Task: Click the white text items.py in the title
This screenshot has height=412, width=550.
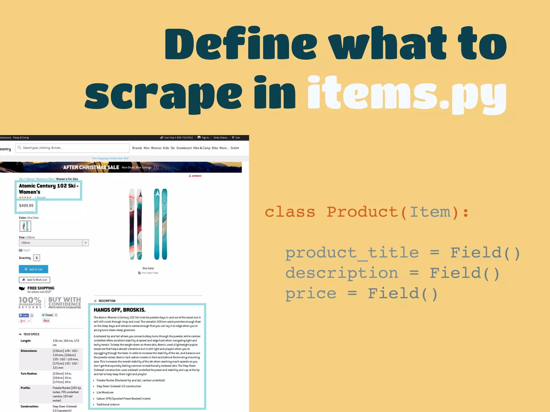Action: (x=407, y=93)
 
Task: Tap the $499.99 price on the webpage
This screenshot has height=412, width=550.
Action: (x=26, y=206)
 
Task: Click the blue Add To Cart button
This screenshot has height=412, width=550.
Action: (x=34, y=269)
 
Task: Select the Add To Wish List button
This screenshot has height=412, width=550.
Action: (x=35, y=280)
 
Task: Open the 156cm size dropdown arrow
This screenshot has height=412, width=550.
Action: (x=86, y=243)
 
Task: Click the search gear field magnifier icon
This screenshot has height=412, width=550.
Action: (x=19, y=148)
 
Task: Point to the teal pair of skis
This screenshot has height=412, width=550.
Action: (x=161, y=224)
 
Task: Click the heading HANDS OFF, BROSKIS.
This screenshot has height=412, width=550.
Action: (x=120, y=310)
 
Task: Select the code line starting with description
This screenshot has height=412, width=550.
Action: (x=392, y=273)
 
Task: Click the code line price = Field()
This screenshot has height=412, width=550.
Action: (x=361, y=293)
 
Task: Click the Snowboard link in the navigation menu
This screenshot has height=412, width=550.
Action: (x=184, y=148)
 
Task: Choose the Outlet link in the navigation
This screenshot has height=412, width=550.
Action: (x=235, y=148)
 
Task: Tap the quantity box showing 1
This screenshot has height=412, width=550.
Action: (x=37, y=258)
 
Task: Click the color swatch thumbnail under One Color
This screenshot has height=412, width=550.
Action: (x=25, y=226)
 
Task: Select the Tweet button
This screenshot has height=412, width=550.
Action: (x=47, y=315)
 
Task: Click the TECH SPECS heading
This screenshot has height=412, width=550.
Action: (x=31, y=334)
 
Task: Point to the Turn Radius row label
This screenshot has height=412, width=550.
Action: (x=29, y=374)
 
